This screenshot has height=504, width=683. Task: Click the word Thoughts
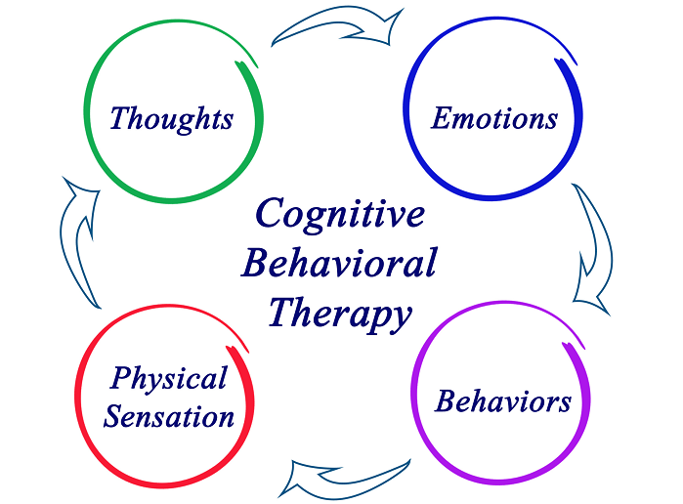(171, 119)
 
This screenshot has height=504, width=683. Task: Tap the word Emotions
(494, 118)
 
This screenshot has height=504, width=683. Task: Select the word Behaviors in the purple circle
(502, 400)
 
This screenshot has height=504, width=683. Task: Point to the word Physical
(168, 379)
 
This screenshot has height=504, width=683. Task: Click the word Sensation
(169, 416)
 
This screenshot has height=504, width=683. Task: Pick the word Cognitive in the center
(340, 215)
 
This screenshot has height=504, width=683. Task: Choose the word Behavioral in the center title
(339, 262)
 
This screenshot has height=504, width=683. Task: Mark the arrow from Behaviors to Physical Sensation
(344, 480)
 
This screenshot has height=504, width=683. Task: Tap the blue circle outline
(405, 108)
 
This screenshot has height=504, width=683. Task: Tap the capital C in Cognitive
(271, 213)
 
